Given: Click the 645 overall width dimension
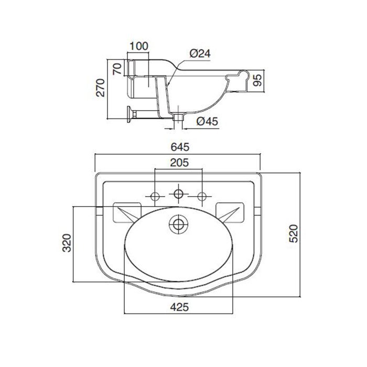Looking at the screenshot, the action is click(x=180, y=147).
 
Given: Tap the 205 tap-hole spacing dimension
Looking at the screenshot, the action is click(x=179, y=163).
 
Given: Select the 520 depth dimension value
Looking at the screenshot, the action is click(x=294, y=233).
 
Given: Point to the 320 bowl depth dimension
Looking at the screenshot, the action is click(x=67, y=243).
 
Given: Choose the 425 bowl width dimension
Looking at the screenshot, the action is click(x=179, y=307).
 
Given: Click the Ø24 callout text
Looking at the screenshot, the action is click(x=200, y=53).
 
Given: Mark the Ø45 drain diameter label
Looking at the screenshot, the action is click(x=207, y=121).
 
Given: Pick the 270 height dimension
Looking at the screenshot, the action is click(x=101, y=88).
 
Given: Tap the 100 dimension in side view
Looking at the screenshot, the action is click(x=139, y=46).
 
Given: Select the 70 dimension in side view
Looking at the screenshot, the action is click(x=117, y=69).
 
